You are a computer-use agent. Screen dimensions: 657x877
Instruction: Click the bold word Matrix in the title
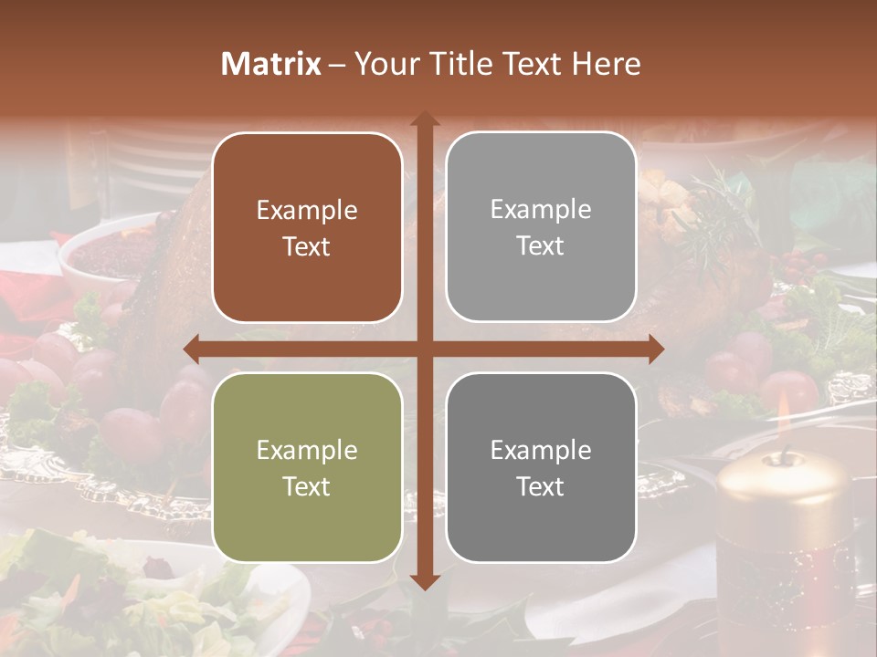pos(271,64)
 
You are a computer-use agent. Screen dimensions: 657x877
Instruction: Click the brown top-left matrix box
pos(307,227)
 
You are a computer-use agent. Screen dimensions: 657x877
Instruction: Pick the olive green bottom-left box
pos(307,467)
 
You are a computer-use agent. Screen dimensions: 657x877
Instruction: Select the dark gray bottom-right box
pos(541,467)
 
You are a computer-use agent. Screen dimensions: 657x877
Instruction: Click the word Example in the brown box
pos(307,211)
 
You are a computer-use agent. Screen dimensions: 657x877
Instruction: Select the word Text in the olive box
pos(307,486)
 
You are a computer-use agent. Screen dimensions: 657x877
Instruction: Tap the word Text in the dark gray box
pos(541,486)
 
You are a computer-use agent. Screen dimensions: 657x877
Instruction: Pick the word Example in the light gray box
pos(541,210)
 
